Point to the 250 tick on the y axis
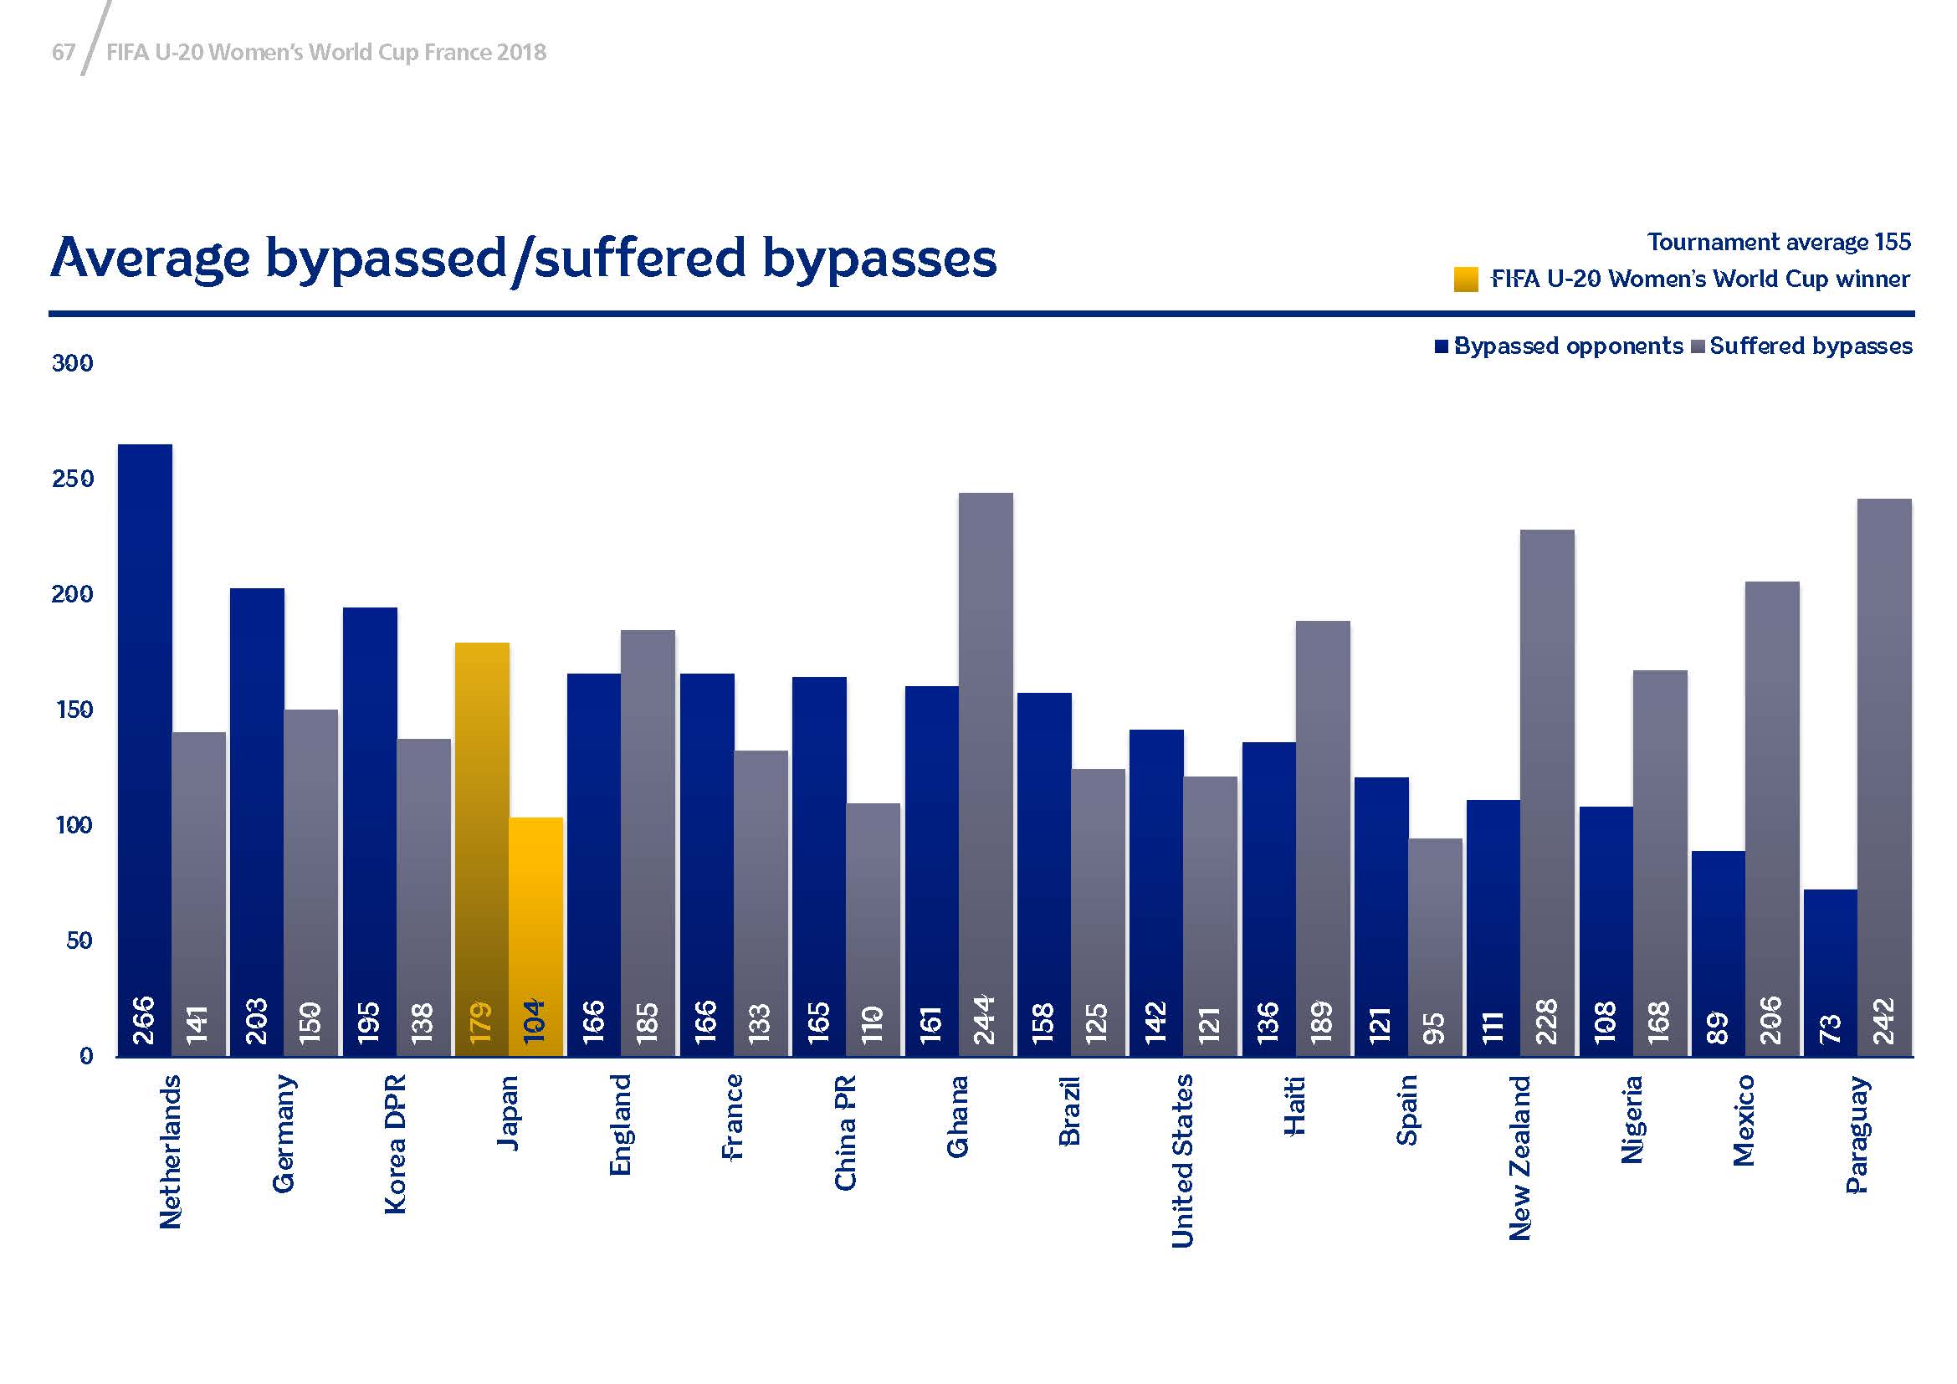pyautogui.click(x=73, y=479)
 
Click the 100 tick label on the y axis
pyautogui.click(x=73, y=826)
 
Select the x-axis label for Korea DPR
pyautogui.click(x=396, y=1144)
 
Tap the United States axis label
pyautogui.click(x=1182, y=1161)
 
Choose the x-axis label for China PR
pyautogui.click(x=845, y=1133)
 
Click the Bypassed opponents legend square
pyautogui.click(x=1442, y=346)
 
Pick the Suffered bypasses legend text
pyautogui.click(x=1811, y=346)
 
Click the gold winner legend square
pyautogui.click(x=1466, y=279)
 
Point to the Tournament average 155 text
pyautogui.click(x=1779, y=243)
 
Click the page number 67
pyautogui.click(x=63, y=53)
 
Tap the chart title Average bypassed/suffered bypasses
pyautogui.click(x=523, y=258)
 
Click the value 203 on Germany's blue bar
pyautogui.click(x=257, y=1020)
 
